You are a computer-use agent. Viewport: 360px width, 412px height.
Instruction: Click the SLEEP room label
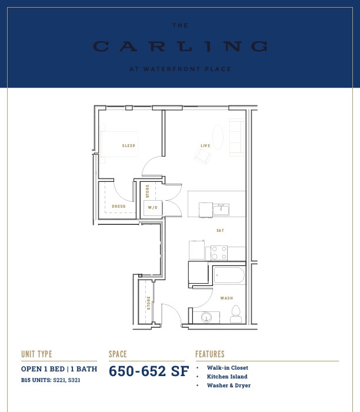[129, 145]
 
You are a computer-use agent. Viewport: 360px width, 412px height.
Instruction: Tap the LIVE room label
[205, 145]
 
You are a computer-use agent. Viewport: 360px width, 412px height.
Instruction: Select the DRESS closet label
[119, 206]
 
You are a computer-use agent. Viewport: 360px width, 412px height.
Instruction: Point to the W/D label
[152, 208]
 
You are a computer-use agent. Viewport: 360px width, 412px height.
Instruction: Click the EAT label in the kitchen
[221, 231]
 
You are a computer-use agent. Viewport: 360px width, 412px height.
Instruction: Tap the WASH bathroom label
[226, 298]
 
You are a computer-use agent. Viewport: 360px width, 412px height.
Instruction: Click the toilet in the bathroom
[236, 314]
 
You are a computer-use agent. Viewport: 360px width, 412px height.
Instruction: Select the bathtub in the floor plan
[229, 275]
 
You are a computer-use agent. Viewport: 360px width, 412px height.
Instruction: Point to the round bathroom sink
[206, 317]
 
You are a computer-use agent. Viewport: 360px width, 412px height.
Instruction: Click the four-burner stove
[219, 252]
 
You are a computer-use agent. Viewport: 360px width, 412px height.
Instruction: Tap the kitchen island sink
[221, 210]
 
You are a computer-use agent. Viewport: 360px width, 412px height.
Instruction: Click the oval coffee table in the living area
[218, 137]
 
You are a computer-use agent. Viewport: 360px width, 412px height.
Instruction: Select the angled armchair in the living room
[202, 156]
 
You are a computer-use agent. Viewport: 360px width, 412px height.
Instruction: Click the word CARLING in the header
[181, 46]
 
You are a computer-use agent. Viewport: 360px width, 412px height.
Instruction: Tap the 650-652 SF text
[149, 371]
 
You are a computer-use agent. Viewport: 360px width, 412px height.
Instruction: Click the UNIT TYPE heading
[36, 354]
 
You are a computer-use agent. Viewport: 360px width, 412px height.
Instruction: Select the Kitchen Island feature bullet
[227, 377]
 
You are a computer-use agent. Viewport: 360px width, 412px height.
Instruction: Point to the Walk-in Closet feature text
[228, 368]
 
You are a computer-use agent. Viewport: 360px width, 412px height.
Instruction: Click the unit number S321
[74, 380]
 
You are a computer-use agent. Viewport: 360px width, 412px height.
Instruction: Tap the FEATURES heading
[210, 354]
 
